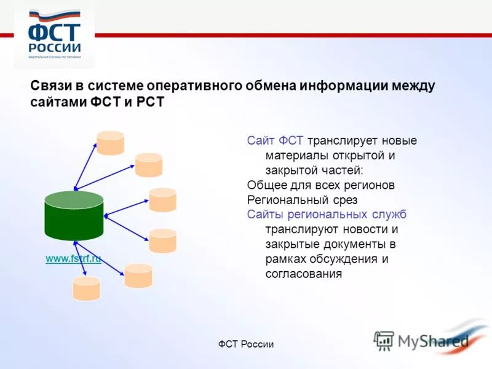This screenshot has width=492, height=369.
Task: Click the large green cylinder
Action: (x=74, y=215)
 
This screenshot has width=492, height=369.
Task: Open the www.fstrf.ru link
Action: (x=73, y=259)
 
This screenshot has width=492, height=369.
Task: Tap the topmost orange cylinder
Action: (x=110, y=143)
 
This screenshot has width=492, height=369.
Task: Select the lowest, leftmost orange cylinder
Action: (x=85, y=288)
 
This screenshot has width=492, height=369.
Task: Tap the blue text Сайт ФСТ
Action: (x=275, y=141)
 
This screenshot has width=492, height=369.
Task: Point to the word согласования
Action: (x=303, y=274)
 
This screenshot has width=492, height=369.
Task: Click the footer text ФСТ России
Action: (x=246, y=344)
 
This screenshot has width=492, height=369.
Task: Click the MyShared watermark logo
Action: (x=421, y=339)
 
